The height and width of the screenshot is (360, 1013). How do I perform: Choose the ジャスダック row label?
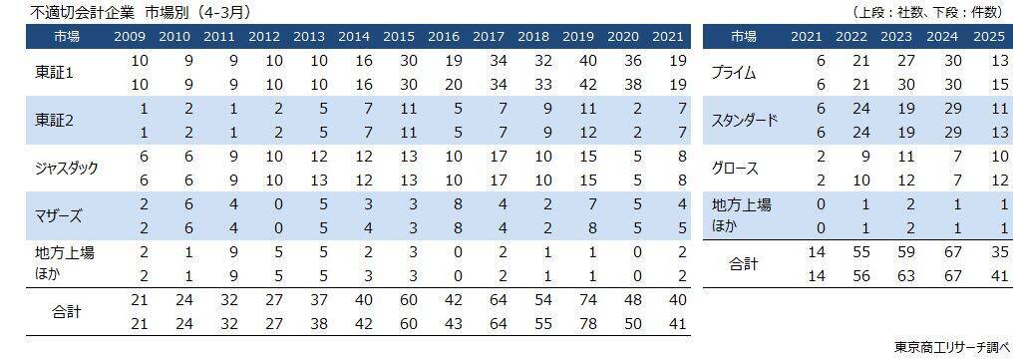coord(66,168)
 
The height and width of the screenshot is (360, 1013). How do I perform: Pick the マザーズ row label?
coord(58,215)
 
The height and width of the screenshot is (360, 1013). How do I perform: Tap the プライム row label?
coord(734,72)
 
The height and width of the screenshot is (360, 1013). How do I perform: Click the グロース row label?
coord(737,168)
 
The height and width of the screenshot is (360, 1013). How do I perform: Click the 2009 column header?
coord(131,37)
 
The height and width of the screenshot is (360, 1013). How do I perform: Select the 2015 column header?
coord(399,37)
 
